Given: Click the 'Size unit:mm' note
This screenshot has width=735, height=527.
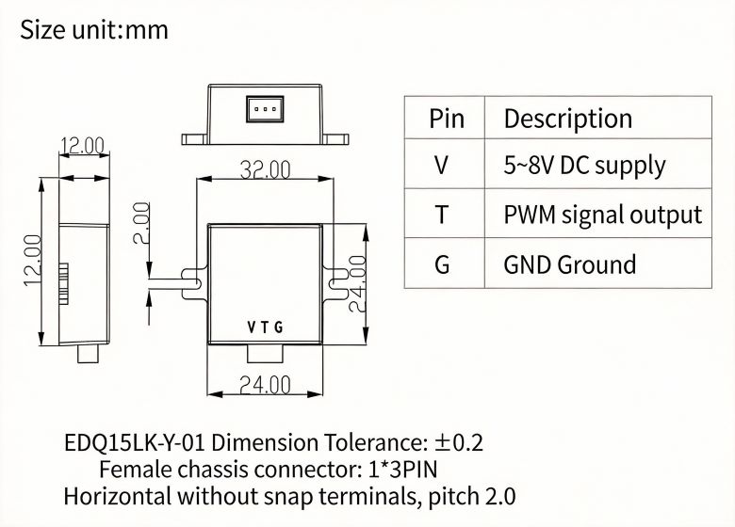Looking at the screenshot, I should (x=94, y=30).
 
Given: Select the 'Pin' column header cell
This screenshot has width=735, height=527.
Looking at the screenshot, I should (x=447, y=119).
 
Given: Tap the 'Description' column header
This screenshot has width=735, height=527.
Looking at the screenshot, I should (x=567, y=119).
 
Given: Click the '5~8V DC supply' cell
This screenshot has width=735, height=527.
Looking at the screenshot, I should (x=584, y=166).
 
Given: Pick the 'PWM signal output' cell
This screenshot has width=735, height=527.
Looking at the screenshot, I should (x=602, y=215).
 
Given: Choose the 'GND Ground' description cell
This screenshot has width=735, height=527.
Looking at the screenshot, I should (x=569, y=264).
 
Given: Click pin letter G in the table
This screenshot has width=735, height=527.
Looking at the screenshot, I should (x=443, y=264).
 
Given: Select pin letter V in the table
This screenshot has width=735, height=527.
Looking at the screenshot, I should (x=443, y=166).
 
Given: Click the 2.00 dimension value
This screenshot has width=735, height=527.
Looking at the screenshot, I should (x=140, y=223).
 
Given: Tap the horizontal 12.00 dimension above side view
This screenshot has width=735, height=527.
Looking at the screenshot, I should (x=83, y=146).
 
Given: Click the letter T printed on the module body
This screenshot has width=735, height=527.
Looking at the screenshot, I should (x=265, y=328).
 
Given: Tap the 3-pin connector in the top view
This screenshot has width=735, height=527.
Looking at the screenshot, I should (x=265, y=109).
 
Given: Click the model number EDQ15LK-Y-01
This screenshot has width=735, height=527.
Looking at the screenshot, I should (x=130, y=442).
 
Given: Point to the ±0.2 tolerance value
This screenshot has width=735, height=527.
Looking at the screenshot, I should (x=459, y=442).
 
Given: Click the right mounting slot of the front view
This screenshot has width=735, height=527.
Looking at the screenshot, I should (x=337, y=279).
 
